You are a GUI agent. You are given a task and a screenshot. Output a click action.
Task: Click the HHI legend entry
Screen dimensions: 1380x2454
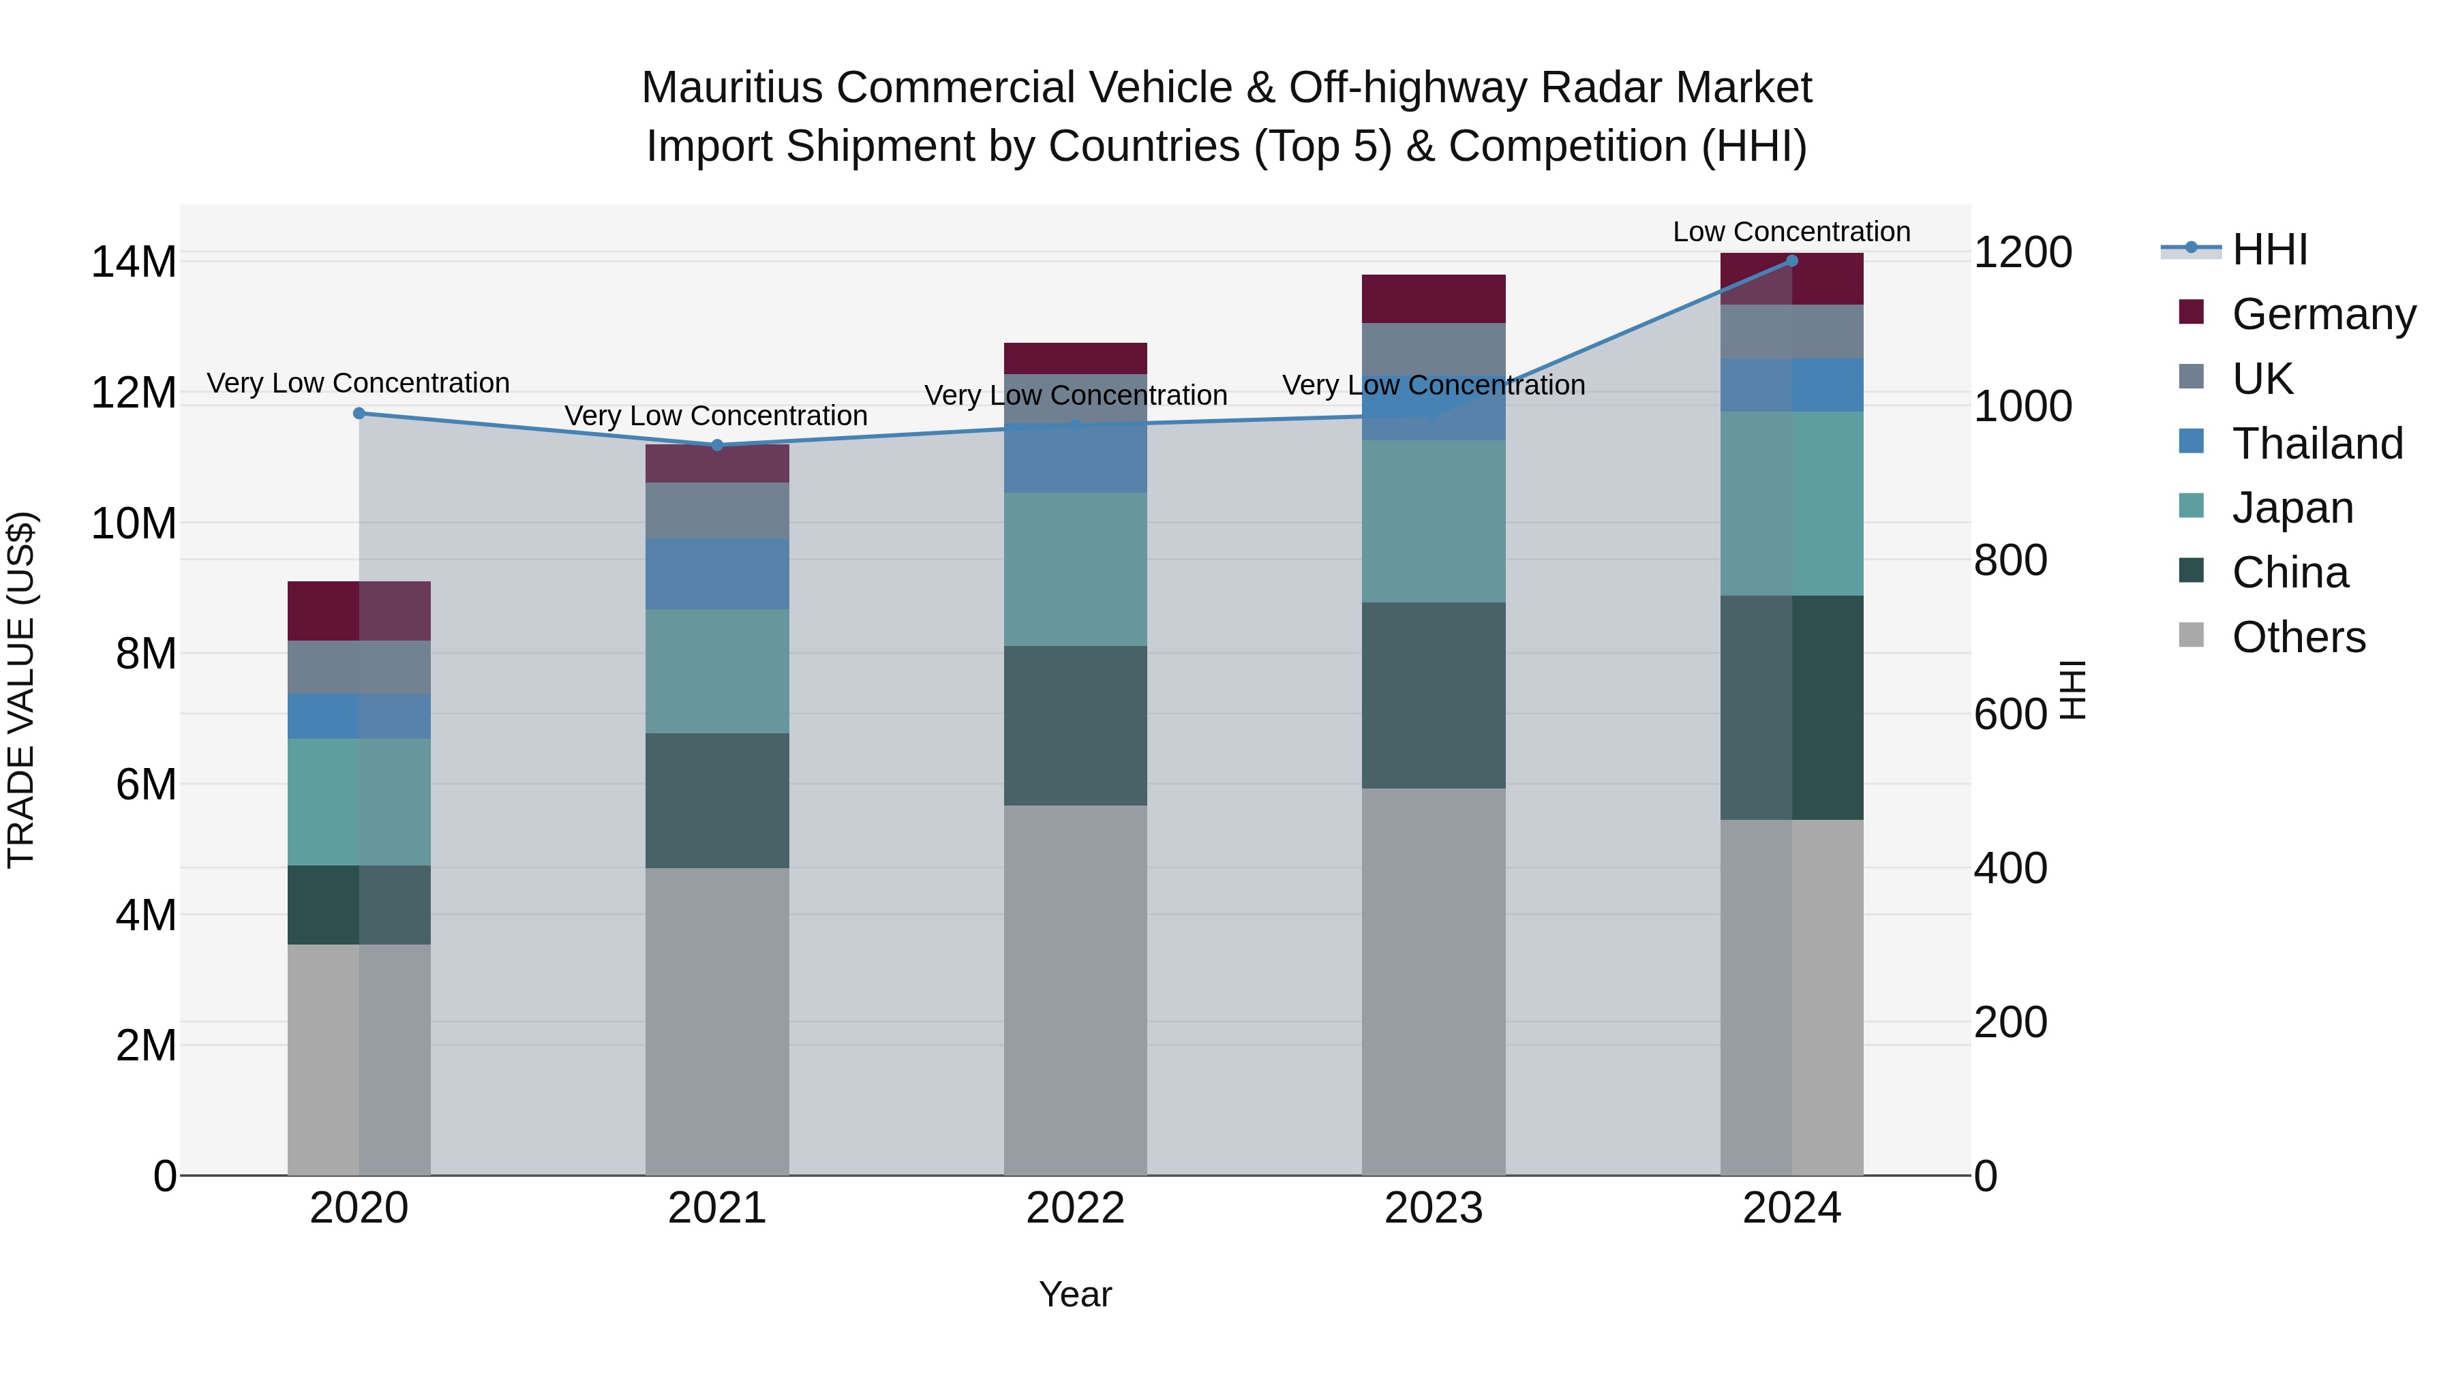[2268, 249]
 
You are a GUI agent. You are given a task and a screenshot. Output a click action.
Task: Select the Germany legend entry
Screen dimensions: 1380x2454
[2322, 314]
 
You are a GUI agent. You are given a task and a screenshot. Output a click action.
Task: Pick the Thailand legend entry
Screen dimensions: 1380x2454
[2317, 444]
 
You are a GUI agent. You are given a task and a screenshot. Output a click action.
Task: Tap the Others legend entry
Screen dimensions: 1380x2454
[2298, 637]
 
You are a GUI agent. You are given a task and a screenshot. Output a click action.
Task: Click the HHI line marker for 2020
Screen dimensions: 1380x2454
[359, 414]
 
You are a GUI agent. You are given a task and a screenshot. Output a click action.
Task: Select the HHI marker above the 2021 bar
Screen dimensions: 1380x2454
[717, 445]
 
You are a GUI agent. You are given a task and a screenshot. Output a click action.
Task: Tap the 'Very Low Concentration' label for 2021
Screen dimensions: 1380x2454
[716, 416]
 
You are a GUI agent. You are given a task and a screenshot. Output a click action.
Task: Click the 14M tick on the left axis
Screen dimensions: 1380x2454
[134, 262]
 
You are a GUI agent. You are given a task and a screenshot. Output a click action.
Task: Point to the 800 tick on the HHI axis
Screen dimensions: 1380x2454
[2010, 560]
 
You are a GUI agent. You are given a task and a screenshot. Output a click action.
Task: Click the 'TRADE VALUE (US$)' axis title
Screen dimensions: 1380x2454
[21, 690]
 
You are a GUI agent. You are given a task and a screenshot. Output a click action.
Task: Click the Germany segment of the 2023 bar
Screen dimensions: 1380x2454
[1433, 299]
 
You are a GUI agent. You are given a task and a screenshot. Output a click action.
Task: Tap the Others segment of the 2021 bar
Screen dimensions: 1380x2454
[716, 1021]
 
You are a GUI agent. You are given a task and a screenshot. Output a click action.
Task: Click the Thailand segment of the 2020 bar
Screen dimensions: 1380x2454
[359, 716]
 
